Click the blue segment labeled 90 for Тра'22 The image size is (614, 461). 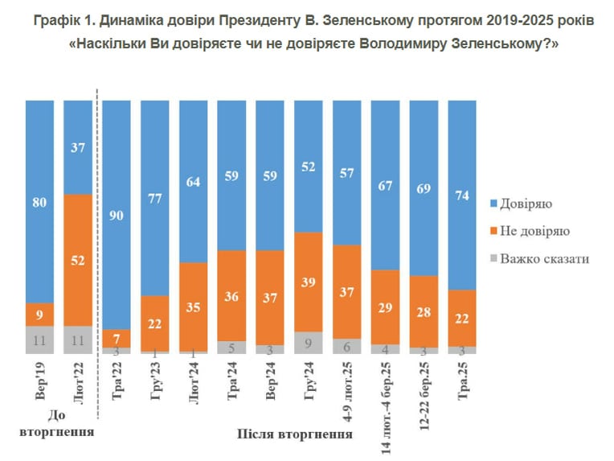point(117,215)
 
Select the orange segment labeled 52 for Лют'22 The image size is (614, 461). point(78,261)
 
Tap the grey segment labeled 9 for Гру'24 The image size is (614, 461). point(308,343)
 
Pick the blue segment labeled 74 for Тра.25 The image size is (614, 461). point(462,196)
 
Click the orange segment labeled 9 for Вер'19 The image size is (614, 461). point(39,315)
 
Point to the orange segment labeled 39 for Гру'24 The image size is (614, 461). point(308,282)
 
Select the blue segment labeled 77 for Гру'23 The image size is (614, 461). point(154,198)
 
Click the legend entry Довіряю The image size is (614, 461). point(522,204)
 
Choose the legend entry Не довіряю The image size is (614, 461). point(530,231)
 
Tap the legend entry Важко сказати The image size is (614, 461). point(540,259)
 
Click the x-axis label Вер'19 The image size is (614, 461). point(40,381)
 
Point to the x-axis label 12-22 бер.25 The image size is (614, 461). point(424,396)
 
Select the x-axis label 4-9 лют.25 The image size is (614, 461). point(347,392)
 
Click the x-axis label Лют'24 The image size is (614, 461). point(194,383)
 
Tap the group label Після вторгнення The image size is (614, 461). point(294,434)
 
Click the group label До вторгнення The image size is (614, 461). point(57,423)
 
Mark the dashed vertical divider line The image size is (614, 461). point(97,253)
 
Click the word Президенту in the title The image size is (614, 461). point(260,20)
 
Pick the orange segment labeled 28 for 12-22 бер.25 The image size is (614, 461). point(424,311)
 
